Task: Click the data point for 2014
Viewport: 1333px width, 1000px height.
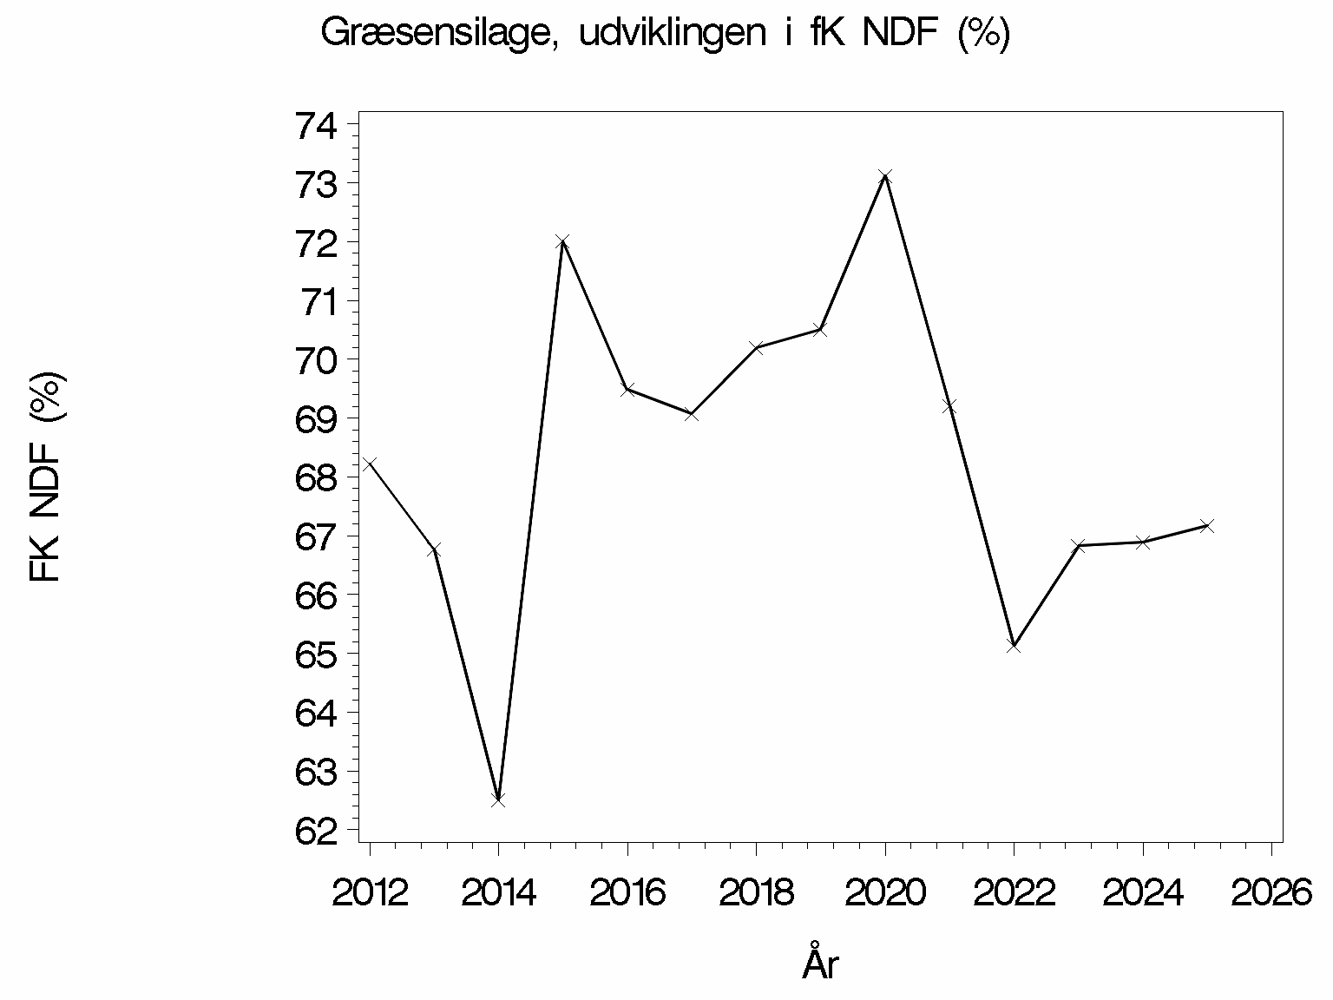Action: coord(498,799)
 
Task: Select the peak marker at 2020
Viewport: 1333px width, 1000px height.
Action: coord(885,176)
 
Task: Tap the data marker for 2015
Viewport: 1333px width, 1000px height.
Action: coord(562,241)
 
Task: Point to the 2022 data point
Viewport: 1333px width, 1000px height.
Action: coord(1014,646)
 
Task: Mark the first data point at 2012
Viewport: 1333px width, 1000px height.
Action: coord(370,463)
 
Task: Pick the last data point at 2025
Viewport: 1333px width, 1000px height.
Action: coord(1206,525)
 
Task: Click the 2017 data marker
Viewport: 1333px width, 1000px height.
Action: coord(692,414)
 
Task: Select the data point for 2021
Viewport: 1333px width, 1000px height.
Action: coord(949,405)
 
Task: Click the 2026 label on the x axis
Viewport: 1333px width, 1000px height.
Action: coord(1271,892)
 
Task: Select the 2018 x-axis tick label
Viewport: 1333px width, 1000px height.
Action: coord(756,892)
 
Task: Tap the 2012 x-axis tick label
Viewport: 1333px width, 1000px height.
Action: coord(371,892)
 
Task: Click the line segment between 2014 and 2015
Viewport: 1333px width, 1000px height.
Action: coord(530,521)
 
